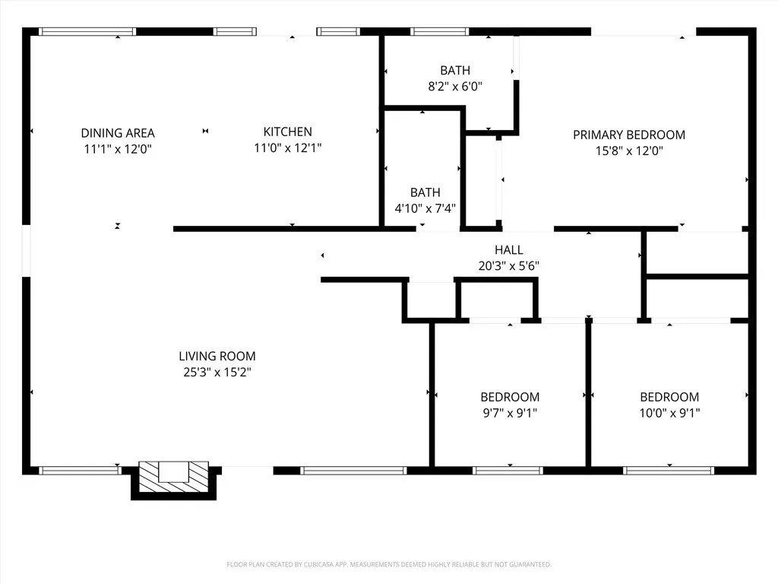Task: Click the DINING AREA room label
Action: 118,132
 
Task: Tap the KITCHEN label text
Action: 287,132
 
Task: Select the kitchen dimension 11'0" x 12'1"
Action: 287,148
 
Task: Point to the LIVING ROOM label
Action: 217,356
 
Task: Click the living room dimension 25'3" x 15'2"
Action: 217,373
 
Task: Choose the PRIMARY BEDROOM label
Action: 629,135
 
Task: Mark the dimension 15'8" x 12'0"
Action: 629,151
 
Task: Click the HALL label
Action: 509,249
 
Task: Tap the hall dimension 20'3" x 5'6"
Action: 509,266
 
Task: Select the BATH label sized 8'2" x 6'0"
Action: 455,71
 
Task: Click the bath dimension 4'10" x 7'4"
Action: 425,209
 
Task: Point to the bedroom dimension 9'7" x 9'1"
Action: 510,414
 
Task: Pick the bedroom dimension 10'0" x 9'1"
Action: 669,414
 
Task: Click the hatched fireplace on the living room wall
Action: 174,475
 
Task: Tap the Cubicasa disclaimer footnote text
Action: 389,564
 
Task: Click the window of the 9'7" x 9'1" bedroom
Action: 508,471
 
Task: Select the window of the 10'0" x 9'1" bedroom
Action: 669,471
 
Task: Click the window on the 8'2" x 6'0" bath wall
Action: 440,32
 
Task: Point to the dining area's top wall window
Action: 87,32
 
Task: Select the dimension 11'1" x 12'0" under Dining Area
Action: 118,149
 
